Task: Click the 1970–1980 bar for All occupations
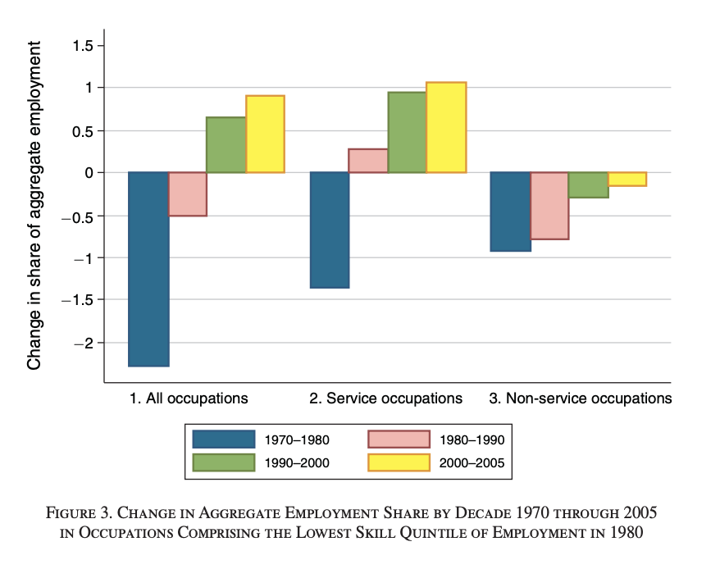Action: [149, 269]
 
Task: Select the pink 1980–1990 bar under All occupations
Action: [188, 194]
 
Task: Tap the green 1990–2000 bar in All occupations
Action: [226, 145]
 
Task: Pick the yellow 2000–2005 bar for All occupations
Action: [265, 134]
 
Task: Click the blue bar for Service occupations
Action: [329, 230]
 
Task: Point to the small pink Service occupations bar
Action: [368, 161]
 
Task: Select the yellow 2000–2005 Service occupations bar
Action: [446, 127]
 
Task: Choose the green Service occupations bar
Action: [407, 132]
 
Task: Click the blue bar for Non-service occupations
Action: [510, 212]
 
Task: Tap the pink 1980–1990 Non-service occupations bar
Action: [549, 206]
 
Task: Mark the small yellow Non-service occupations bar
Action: [627, 180]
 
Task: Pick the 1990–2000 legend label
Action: [297, 463]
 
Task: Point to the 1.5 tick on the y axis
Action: [82, 45]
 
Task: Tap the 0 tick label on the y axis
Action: [89, 173]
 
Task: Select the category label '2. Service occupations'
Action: [385, 399]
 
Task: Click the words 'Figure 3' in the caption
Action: [83, 514]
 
